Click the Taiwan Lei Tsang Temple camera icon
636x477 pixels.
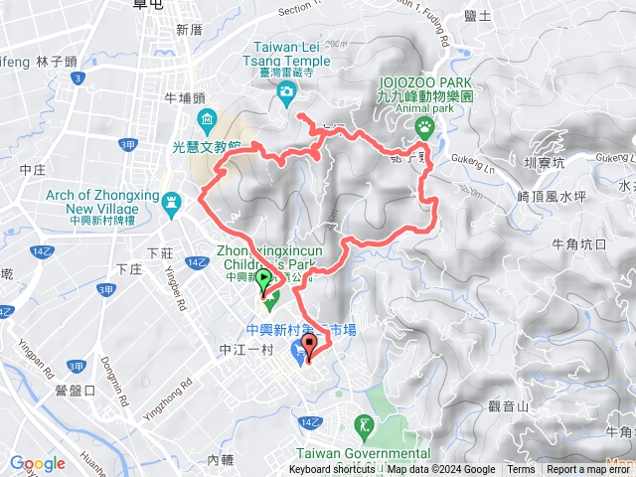pyautogui.click(x=287, y=92)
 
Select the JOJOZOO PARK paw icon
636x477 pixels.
pyautogui.click(x=424, y=126)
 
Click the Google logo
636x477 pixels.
pyautogui.click(x=38, y=463)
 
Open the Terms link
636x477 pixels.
pyautogui.click(x=521, y=470)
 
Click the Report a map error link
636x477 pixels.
pyautogui.click(x=588, y=470)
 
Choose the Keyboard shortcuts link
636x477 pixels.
pyautogui.click(x=332, y=470)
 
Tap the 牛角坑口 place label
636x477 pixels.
pyautogui.click(x=578, y=243)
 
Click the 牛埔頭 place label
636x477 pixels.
pyautogui.click(x=184, y=97)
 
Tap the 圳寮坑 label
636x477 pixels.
pyautogui.click(x=544, y=162)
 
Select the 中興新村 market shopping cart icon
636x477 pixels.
pyautogui.click(x=299, y=354)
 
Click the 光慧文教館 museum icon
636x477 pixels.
pyautogui.click(x=207, y=123)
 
